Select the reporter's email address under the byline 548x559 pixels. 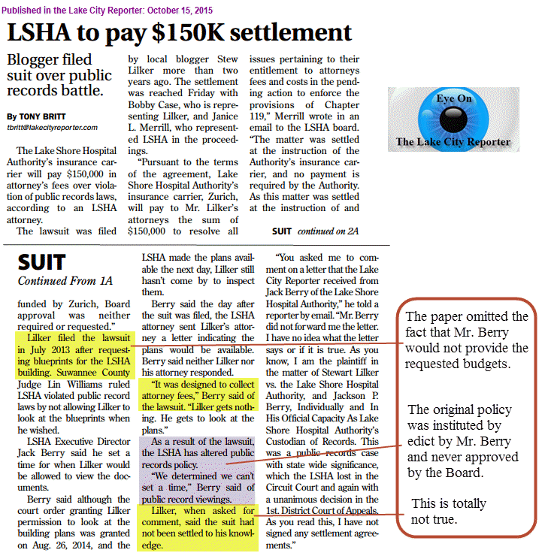coord(53,128)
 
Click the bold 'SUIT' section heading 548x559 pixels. coord(43,263)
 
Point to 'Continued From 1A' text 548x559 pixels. coord(65,281)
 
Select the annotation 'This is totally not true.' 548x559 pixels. coord(449,510)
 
